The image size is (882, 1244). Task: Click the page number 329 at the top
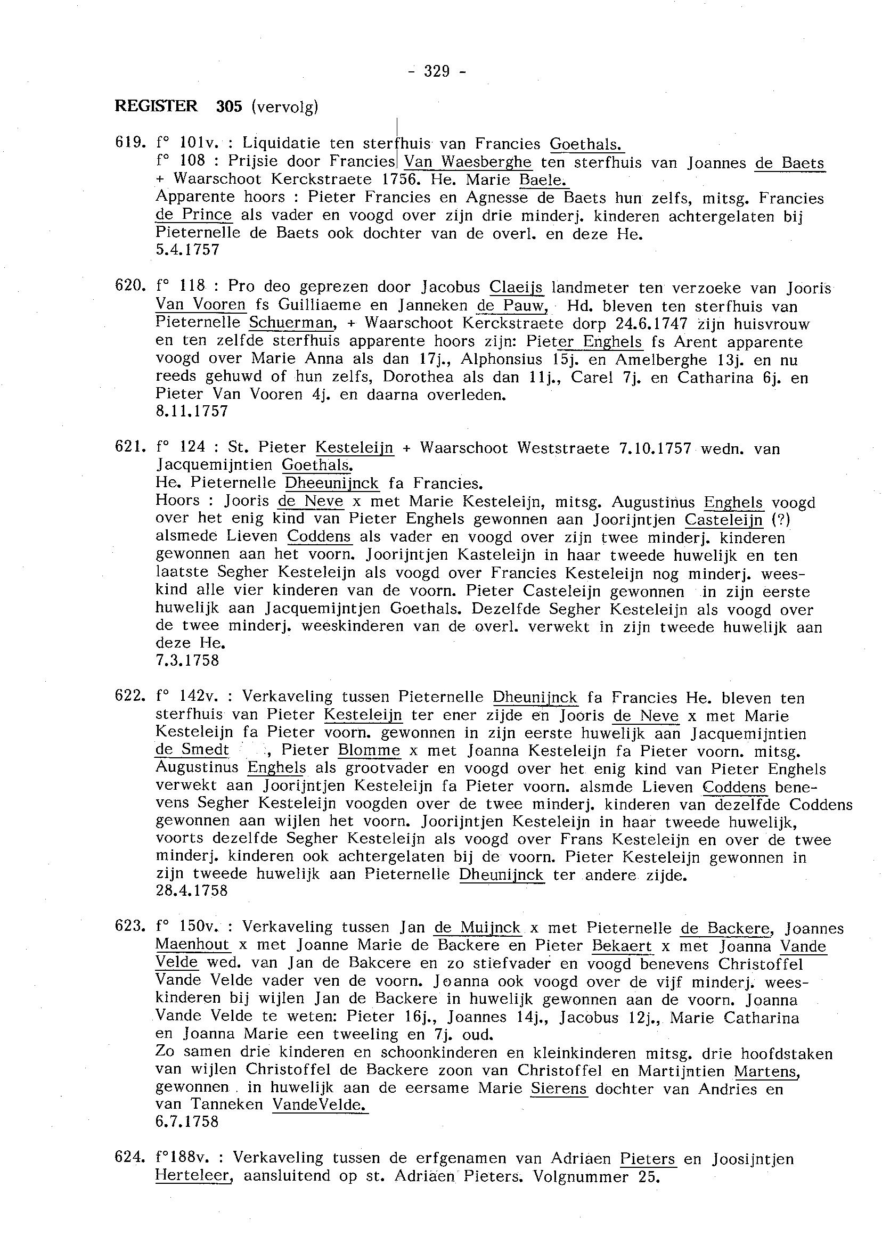[436, 71]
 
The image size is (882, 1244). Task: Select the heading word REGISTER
[156, 106]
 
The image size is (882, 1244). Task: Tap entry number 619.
[130, 143]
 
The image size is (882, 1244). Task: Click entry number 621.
[130, 448]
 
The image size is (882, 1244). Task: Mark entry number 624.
[130, 1159]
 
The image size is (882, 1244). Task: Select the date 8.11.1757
[192, 412]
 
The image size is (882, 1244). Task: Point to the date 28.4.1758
[192, 891]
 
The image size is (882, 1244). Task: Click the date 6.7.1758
[187, 1122]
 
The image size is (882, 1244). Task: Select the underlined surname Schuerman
[291, 323]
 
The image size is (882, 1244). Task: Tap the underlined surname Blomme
[369, 750]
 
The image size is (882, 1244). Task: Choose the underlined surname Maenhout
[192, 945]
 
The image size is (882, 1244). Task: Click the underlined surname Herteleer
[193, 1177]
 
